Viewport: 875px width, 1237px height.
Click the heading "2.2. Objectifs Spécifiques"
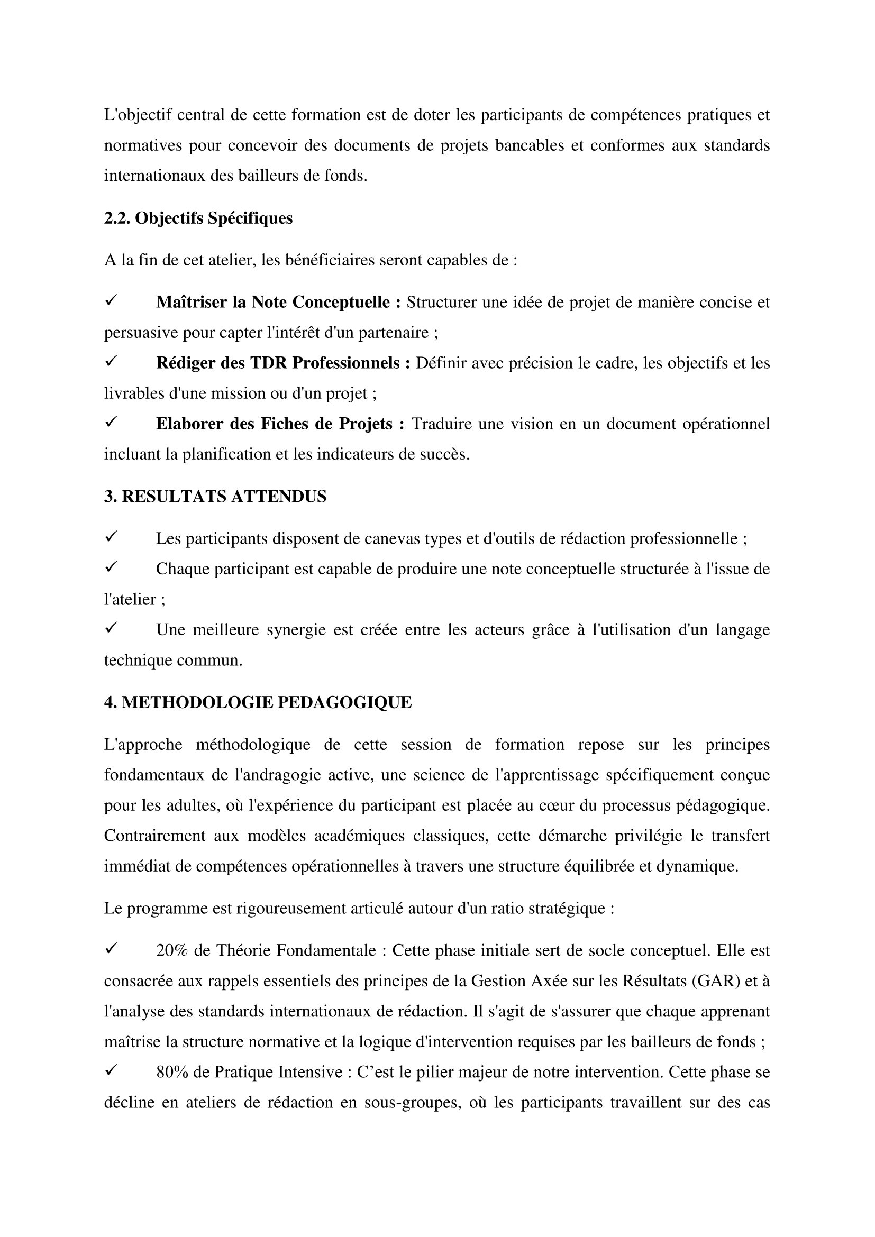(x=198, y=218)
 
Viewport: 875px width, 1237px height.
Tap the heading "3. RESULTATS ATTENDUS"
(x=215, y=496)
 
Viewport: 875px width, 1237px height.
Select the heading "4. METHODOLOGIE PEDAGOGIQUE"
(x=258, y=702)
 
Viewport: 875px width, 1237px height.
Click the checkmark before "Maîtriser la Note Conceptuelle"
(x=112, y=301)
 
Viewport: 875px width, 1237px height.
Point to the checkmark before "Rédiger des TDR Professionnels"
(x=112, y=362)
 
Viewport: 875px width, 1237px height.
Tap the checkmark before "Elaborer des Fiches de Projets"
(x=112, y=423)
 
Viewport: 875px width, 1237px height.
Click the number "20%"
(x=172, y=950)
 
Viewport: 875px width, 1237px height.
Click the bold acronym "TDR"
(x=268, y=363)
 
